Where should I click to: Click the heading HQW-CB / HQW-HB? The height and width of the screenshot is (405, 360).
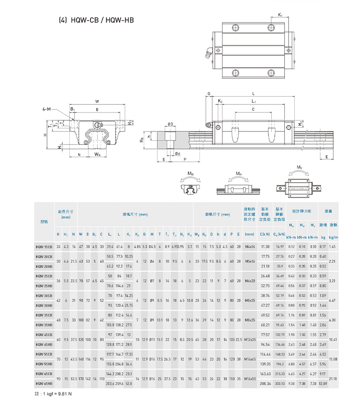(x=96, y=20)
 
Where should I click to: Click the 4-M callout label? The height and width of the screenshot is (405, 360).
(x=47, y=109)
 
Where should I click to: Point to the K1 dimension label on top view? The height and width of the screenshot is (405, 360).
(x=280, y=15)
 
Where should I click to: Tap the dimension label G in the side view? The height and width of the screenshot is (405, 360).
(x=209, y=93)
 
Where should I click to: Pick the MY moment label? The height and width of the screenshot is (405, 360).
(x=299, y=167)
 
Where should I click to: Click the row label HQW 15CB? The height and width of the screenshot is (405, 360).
(x=44, y=247)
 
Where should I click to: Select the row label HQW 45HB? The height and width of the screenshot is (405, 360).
(x=44, y=344)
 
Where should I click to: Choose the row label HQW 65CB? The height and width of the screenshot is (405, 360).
(x=44, y=374)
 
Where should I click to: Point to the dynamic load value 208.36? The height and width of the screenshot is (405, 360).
(x=265, y=383)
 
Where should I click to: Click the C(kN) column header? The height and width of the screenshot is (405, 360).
(x=265, y=234)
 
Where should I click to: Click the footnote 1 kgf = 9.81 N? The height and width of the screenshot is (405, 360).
(x=53, y=394)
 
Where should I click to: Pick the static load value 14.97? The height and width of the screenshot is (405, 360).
(x=280, y=247)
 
